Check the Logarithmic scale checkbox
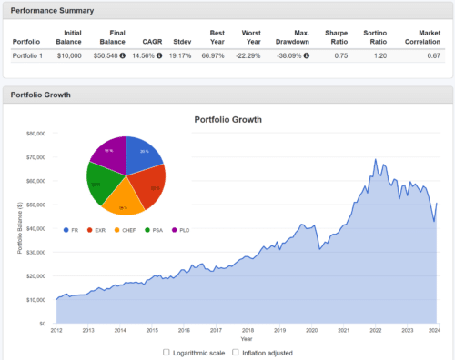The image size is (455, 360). pos(166,352)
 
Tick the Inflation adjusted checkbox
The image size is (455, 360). pos(235,352)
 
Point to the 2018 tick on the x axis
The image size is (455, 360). pos(247,331)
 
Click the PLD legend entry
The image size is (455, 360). pos(186,230)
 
